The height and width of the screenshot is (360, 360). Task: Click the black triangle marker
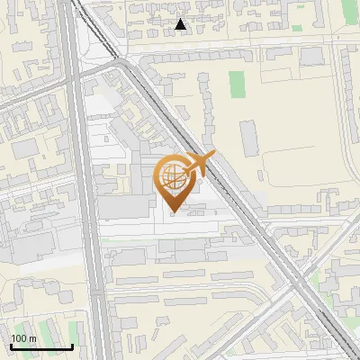coord(181,24)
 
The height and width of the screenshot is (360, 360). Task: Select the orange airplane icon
coord(198,165)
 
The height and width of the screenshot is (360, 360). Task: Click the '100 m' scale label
coord(23,338)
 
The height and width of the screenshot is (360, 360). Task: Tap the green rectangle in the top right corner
coord(350,12)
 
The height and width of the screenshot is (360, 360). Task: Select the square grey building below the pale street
coord(311,56)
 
